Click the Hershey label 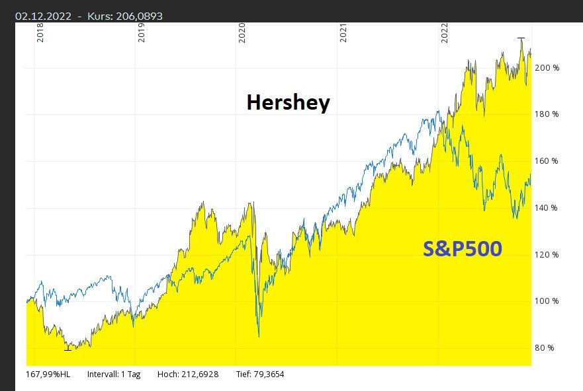click(288, 103)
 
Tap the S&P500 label click(462, 249)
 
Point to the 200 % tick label click(547, 68)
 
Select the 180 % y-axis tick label click(547, 115)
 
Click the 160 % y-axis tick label click(547, 161)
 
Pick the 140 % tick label click(547, 208)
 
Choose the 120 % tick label click(547, 255)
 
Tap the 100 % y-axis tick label click(547, 301)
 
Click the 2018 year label click(40, 34)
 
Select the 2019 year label click(141, 34)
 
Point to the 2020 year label click(242, 34)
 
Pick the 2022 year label click(444, 34)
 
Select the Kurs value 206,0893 click(138, 16)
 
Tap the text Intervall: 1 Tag click(114, 374)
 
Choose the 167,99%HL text click(48, 374)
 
